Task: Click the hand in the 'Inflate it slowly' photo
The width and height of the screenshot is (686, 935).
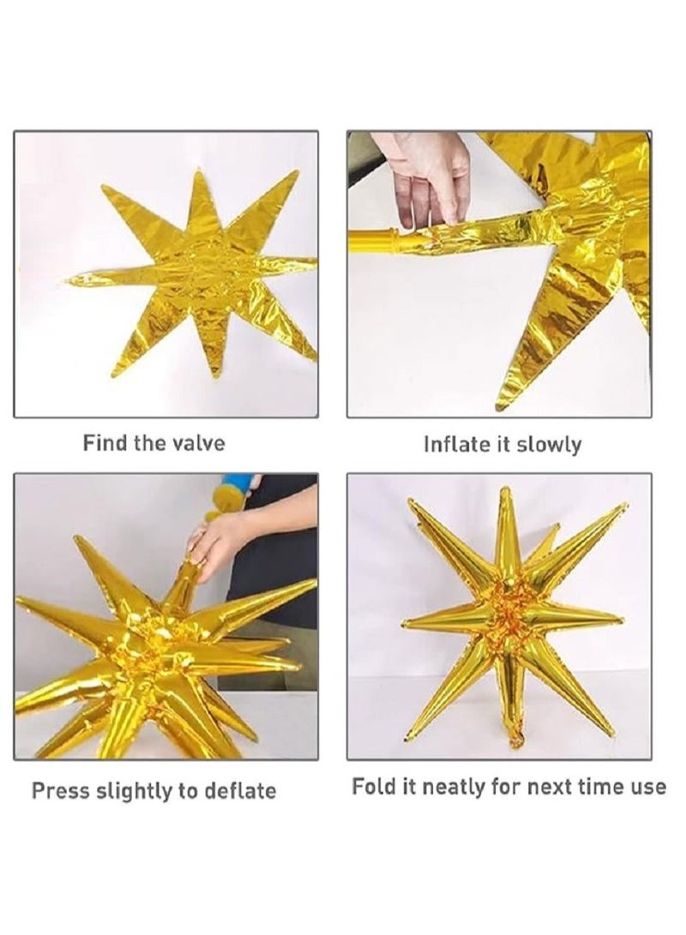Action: coord(423,176)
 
